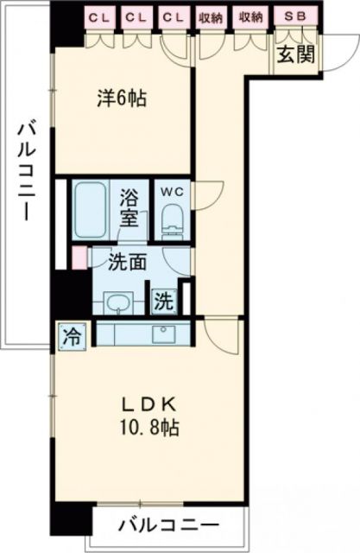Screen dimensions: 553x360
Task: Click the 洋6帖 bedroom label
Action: pos(121,98)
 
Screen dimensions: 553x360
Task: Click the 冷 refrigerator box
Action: pos(73,337)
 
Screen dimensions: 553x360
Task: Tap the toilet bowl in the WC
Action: pos(171,219)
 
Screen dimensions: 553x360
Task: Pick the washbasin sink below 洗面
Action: pos(117,302)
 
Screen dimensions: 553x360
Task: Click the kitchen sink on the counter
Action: pos(161,334)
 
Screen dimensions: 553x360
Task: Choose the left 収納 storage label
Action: pos(210,16)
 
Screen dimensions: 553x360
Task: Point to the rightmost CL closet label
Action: pos(172,16)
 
